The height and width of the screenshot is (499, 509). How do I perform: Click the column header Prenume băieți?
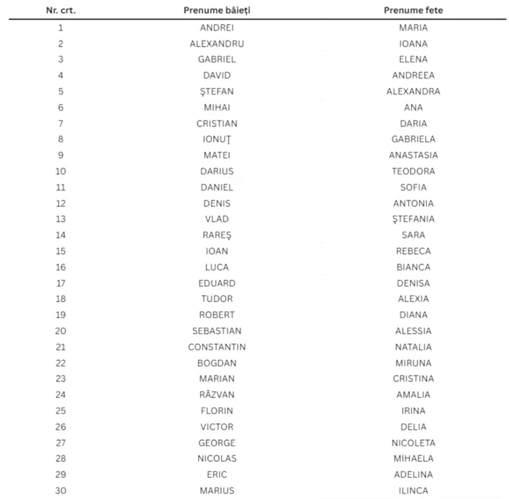(217, 11)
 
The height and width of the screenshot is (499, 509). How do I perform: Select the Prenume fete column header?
(413, 11)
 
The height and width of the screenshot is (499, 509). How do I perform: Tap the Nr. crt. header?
(60, 11)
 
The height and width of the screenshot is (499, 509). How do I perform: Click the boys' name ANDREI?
(217, 28)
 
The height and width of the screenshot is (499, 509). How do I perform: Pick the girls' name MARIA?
(413, 28)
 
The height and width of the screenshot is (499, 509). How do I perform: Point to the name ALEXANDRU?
(217, 44)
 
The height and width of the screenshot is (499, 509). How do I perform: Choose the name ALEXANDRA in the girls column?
(413, 92)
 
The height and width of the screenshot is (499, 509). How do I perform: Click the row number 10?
(60, 171)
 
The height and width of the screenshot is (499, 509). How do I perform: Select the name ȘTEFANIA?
(413, 219)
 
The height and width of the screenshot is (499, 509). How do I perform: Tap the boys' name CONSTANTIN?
(217, 347)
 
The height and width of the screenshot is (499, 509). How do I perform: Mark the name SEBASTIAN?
(217, 331)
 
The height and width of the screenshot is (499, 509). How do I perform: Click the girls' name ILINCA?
(413, 490)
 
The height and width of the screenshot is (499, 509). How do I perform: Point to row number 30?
(60, 490)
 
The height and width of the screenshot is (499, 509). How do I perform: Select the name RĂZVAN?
(217, 394)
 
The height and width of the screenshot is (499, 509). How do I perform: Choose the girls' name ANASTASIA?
(413, 155)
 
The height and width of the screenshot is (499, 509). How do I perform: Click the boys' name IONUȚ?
(217, 139)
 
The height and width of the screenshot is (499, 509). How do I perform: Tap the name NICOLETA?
(413, 442)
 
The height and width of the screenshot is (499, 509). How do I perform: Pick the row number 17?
(60, 283)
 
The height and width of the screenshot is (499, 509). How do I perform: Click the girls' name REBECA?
(413, 251)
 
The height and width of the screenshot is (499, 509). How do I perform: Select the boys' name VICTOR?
(217, 426)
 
